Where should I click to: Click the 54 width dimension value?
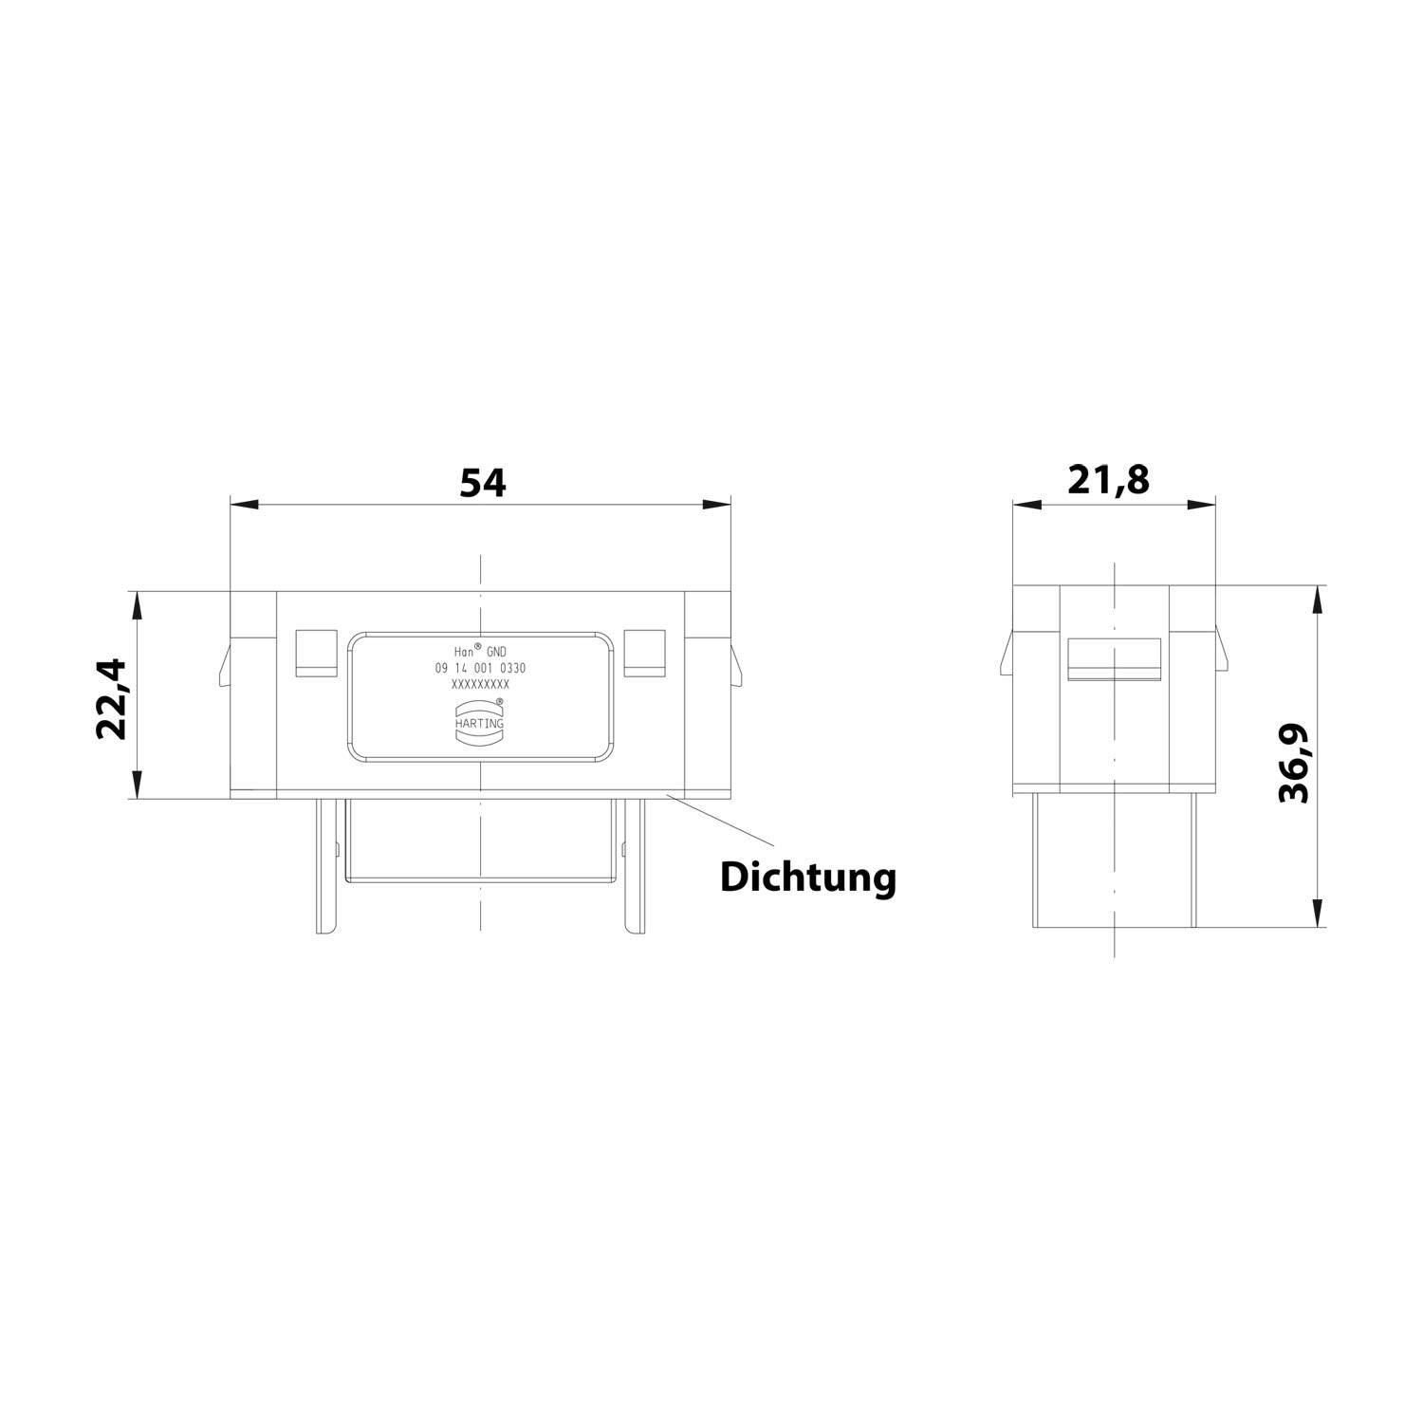[483, 483]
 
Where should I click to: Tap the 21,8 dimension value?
[1108, 480]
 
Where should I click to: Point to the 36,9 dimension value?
[1294, 763]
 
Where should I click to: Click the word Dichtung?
[807, 877]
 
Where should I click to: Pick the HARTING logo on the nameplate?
[480, 717]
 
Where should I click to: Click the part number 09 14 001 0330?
[480, 668]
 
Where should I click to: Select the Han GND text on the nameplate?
[480, 652]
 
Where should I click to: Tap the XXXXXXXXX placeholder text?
[480, 684]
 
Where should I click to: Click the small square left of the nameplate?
[316, 653]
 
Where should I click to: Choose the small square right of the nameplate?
[644, 653]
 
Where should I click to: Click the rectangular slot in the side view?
[1115, 659]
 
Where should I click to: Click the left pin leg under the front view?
[326, 865]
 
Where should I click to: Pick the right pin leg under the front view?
[634, 865]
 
